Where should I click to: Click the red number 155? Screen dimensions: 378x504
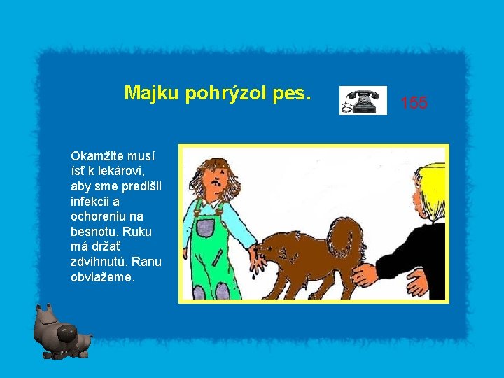coord(414,104)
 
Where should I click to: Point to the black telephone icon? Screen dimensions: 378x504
coord(363,100)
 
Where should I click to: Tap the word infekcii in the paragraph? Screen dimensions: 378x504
coord(92,201)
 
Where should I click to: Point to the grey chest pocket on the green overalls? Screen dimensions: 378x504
coord(205,225)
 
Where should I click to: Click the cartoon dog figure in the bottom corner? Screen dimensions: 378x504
coord(61,332)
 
